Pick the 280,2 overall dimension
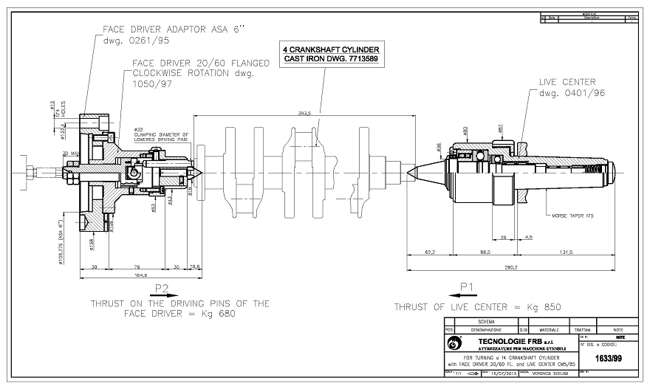coord(511,267)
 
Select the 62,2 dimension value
coord(428,252)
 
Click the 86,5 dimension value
coord(485,252)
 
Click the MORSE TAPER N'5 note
coord(574,216)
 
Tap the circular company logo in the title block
coord(455,343)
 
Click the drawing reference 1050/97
coord(151,85)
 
